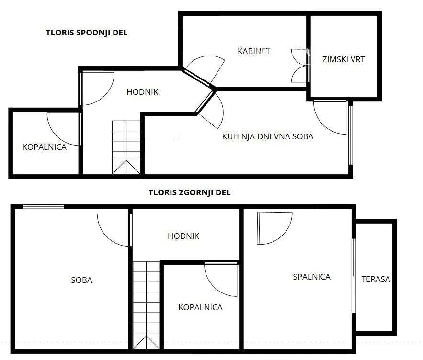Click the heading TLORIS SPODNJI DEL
coord(87,33)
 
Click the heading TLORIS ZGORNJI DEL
coord(189,192)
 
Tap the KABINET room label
coord(254,51)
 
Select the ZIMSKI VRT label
coord(343,59)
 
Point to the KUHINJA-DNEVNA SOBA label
coord(268,136)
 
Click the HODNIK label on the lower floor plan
coord(142,92)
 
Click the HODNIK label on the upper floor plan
coord(183,236)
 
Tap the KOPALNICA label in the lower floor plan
coord(45,147)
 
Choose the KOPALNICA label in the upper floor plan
coord(200,307)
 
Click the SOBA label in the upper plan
coord(82,280)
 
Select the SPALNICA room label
coord(311,277)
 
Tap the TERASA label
coord(376,279)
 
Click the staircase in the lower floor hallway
coord(126,147)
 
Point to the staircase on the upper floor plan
coord(146,305)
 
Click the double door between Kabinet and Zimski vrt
coord(300,66)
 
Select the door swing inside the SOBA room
coord(114,230)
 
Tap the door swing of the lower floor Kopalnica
coord(64,129)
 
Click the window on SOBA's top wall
coord(44,207)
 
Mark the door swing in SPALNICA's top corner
coord(274,228)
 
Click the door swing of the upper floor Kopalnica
coord(221,280)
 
